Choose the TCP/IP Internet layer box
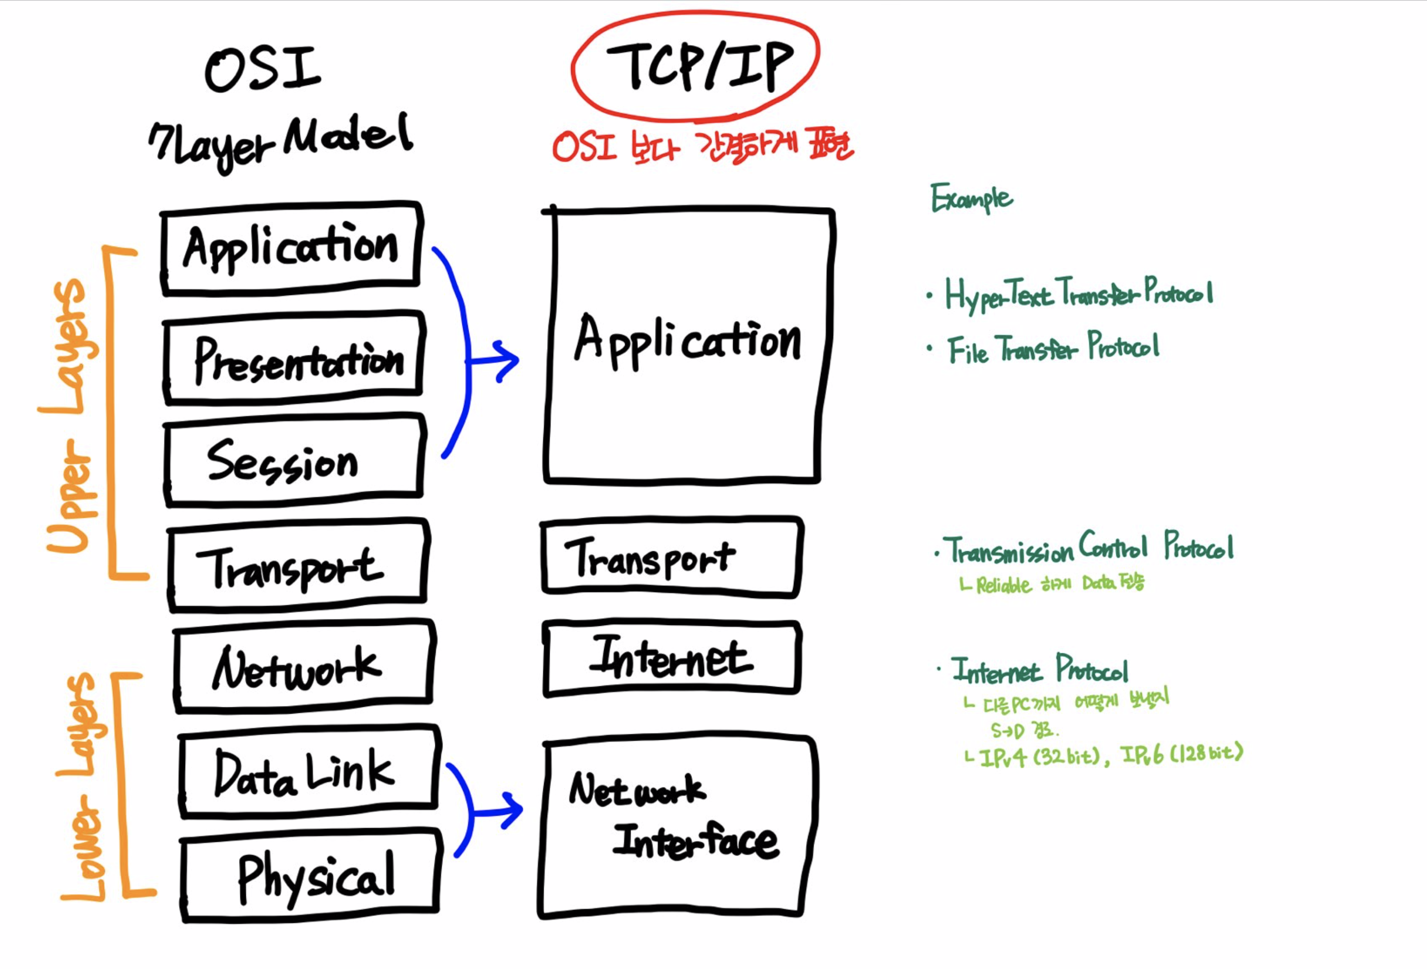tap(672, 658)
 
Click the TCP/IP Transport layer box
tap(672, 557)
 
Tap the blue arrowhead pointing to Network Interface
tap(511, 810)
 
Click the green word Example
tap(972, 198)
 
